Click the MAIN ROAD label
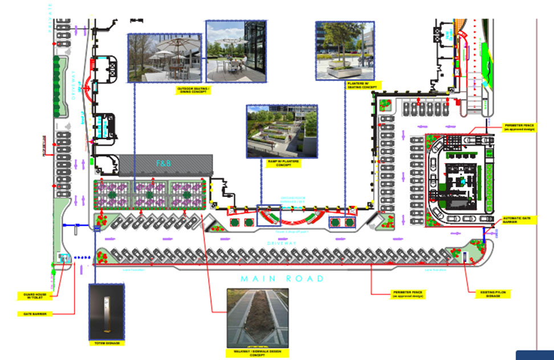click(x=282, y=279)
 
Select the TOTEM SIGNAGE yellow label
click(x=107, y=343)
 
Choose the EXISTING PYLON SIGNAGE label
click(x=493, y=294)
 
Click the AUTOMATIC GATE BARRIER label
click(x=518, y=220)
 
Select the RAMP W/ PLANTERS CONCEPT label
click(x=282, y=163)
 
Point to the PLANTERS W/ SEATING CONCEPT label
click(x=362, y=85)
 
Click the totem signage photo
click(x=107, y=310)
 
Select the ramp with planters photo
click(x=282, y=130)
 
